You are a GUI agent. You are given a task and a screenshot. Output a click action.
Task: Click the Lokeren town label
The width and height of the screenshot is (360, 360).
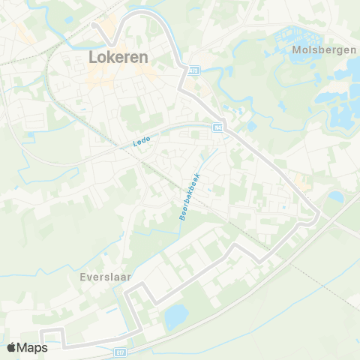point(118,57)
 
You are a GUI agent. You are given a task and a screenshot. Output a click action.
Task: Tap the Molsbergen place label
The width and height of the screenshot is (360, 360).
point(315,51)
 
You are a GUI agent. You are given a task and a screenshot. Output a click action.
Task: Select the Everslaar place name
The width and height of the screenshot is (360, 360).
point(105,276)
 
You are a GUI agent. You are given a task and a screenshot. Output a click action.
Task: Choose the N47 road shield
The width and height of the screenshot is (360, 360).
point(217,129)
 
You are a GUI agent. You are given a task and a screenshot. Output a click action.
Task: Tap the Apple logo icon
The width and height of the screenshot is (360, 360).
point(12,347)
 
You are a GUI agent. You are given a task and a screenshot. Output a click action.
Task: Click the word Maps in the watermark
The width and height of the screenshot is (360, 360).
point(34,347)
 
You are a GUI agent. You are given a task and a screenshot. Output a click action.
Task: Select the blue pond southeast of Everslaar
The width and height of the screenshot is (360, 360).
point(177,316)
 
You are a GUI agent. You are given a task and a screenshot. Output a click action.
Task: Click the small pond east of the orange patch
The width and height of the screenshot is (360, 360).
point(335,196)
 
